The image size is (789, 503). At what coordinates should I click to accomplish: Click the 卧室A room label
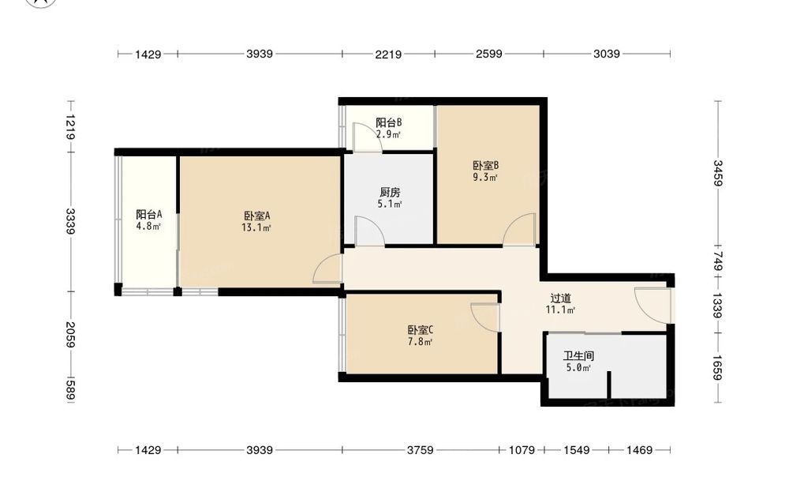click(x=257, y=216)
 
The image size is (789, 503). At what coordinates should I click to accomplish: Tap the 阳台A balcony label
click(x=149, y=215)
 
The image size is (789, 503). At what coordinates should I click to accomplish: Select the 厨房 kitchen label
click(x=390, y=193)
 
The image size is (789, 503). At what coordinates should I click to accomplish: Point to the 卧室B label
click(x=485, y=165)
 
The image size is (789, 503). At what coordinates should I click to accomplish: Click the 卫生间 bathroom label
click(x=578, y=356)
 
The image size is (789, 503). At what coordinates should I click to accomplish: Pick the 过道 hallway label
click(x=560, y=298)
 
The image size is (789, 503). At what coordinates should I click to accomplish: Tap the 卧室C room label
click(x=421, y=330)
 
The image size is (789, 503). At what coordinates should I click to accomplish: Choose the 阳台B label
click(x=389, y=122)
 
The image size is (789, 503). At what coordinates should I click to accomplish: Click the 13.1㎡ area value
click(x=256, y=228)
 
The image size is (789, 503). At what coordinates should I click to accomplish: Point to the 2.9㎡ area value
click(x=388, y=134)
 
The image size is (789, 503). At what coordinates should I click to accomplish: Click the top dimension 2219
click(x=388, y=54)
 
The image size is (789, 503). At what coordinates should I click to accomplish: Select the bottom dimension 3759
click(x=421, y=450)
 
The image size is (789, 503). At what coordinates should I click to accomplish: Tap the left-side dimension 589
click(x=70, y=391)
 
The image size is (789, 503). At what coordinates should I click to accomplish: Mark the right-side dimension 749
click(x=718, y=262)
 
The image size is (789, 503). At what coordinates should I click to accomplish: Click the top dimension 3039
click(x=606, y=54)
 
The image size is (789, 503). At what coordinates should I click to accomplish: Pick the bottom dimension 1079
click(x=522, y=450)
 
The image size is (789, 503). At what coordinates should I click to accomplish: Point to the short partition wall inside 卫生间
click(x=609, y=385)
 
